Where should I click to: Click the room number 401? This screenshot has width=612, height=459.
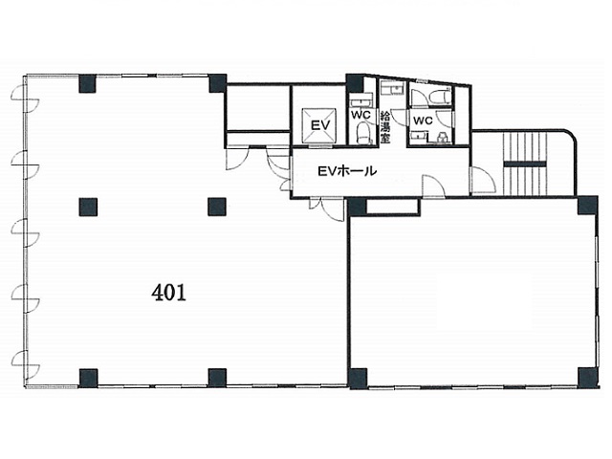168,293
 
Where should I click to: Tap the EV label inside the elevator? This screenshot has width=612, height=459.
320,125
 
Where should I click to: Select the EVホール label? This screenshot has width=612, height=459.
347,171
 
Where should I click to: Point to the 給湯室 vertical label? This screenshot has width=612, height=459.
384,127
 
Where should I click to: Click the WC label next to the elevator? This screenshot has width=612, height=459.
361,115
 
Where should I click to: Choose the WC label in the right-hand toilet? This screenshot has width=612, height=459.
423,120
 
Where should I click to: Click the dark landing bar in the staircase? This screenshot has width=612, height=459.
525,164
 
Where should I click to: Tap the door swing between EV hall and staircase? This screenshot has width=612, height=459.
483,180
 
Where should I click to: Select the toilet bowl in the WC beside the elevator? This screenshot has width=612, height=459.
363,132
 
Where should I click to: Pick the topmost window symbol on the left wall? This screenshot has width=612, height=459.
25,98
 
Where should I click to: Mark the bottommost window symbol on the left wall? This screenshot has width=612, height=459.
25,363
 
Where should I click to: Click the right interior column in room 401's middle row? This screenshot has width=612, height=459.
217,207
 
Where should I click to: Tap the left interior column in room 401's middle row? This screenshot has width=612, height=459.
88,207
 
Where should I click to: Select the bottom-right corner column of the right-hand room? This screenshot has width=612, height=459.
588,378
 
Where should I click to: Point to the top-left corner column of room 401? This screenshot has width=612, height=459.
87,83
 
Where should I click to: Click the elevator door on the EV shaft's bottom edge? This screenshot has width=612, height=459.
320,146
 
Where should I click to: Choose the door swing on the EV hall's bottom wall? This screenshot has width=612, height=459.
434,186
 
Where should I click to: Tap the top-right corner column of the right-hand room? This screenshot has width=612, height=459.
588,205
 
